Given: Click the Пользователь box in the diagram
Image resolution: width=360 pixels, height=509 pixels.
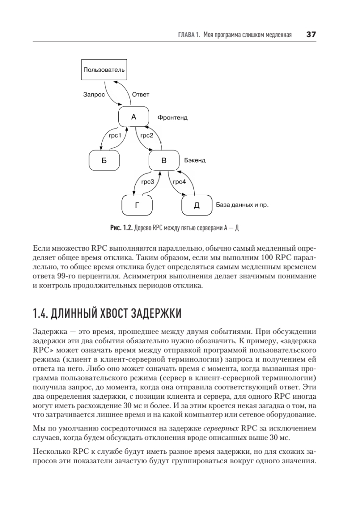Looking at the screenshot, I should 104,70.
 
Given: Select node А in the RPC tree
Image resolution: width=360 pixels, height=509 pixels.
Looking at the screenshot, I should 134,117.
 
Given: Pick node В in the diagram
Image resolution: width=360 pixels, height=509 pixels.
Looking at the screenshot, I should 164,160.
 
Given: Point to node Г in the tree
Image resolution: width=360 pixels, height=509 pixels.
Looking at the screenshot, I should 137,205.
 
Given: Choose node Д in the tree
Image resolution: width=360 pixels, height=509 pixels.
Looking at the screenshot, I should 196,205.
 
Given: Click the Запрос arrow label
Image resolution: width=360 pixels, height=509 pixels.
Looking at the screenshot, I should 94,95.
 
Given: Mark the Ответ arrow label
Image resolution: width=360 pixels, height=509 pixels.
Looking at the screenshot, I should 141,95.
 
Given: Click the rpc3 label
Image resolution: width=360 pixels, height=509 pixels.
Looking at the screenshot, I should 148,182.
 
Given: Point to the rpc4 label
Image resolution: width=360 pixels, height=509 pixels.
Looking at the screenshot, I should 179,182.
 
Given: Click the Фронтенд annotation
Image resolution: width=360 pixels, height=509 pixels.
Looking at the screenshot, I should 172,117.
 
